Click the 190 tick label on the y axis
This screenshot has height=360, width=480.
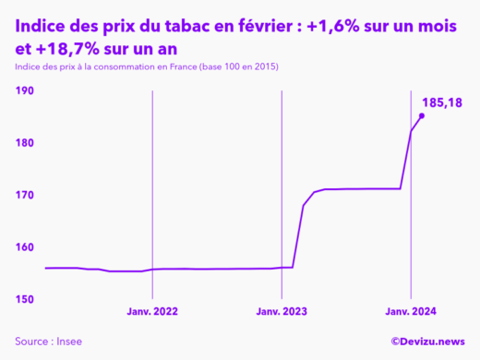pos(25,91)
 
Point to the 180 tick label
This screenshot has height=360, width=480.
pos(25,143)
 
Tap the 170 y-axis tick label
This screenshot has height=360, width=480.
pos(25,196)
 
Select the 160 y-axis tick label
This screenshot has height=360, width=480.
pos(25,247)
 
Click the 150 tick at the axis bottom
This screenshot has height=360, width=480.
pos(25,299)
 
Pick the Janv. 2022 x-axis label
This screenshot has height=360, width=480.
pos(152,313)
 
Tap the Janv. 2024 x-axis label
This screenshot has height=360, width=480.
pos(411,313)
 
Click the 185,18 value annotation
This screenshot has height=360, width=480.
pos(441,102)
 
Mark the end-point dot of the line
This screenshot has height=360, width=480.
pos(422,115)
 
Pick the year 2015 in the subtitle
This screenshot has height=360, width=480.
pos(264,68)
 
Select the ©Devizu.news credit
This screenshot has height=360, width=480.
pos(427,342)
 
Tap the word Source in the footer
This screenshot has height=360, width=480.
pos(30,342)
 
